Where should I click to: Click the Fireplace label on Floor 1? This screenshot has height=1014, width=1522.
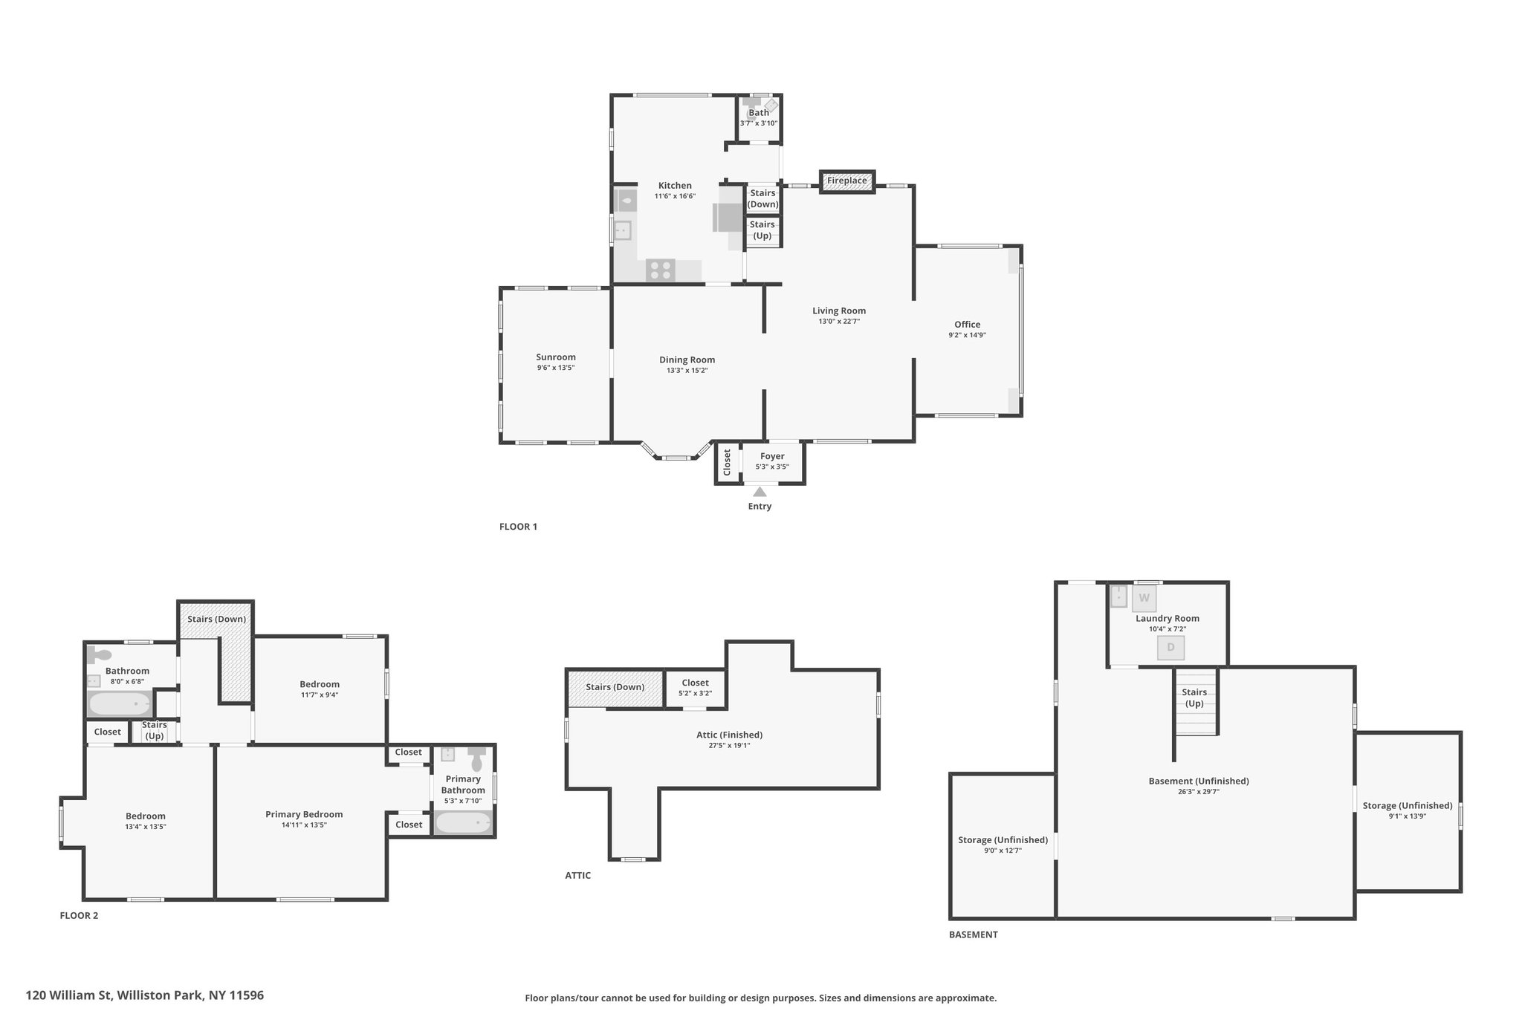(x=846, y=181)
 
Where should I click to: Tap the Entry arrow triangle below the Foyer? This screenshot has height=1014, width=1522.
(x=760, y=492)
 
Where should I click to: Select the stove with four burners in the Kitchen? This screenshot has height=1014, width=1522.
(x=660, y=270)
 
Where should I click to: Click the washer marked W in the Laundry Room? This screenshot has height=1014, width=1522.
(x=1144, y=598)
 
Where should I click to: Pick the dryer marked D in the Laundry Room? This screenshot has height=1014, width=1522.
(x=1170, y=648)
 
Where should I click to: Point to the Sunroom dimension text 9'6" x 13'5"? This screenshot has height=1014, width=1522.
(x=556, y=368)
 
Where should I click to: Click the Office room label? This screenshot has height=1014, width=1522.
(x=967, y=325)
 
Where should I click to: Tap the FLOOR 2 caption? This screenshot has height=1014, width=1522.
(x=79, y=915)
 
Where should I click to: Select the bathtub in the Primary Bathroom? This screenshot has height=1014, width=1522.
(x=463, y=823)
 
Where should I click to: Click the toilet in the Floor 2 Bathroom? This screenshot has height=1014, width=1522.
(x=99, y=655)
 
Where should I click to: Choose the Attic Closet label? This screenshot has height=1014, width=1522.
(x=695, y=683)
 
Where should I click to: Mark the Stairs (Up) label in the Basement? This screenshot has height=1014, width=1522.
(x=1194, y=698)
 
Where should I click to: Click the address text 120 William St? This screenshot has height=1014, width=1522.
(x=68, y=995)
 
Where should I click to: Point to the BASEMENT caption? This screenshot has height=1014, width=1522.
(x=974, y=935)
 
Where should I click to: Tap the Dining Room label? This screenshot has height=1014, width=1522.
(x=687, y=360)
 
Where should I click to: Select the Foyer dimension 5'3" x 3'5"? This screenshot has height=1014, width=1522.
(x=772, y=467)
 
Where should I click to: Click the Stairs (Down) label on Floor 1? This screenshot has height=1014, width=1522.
(x=762, y=198)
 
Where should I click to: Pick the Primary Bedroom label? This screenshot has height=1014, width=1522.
(x=304, y=814)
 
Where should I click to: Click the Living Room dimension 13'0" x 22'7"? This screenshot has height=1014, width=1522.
(x=839, y=322)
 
